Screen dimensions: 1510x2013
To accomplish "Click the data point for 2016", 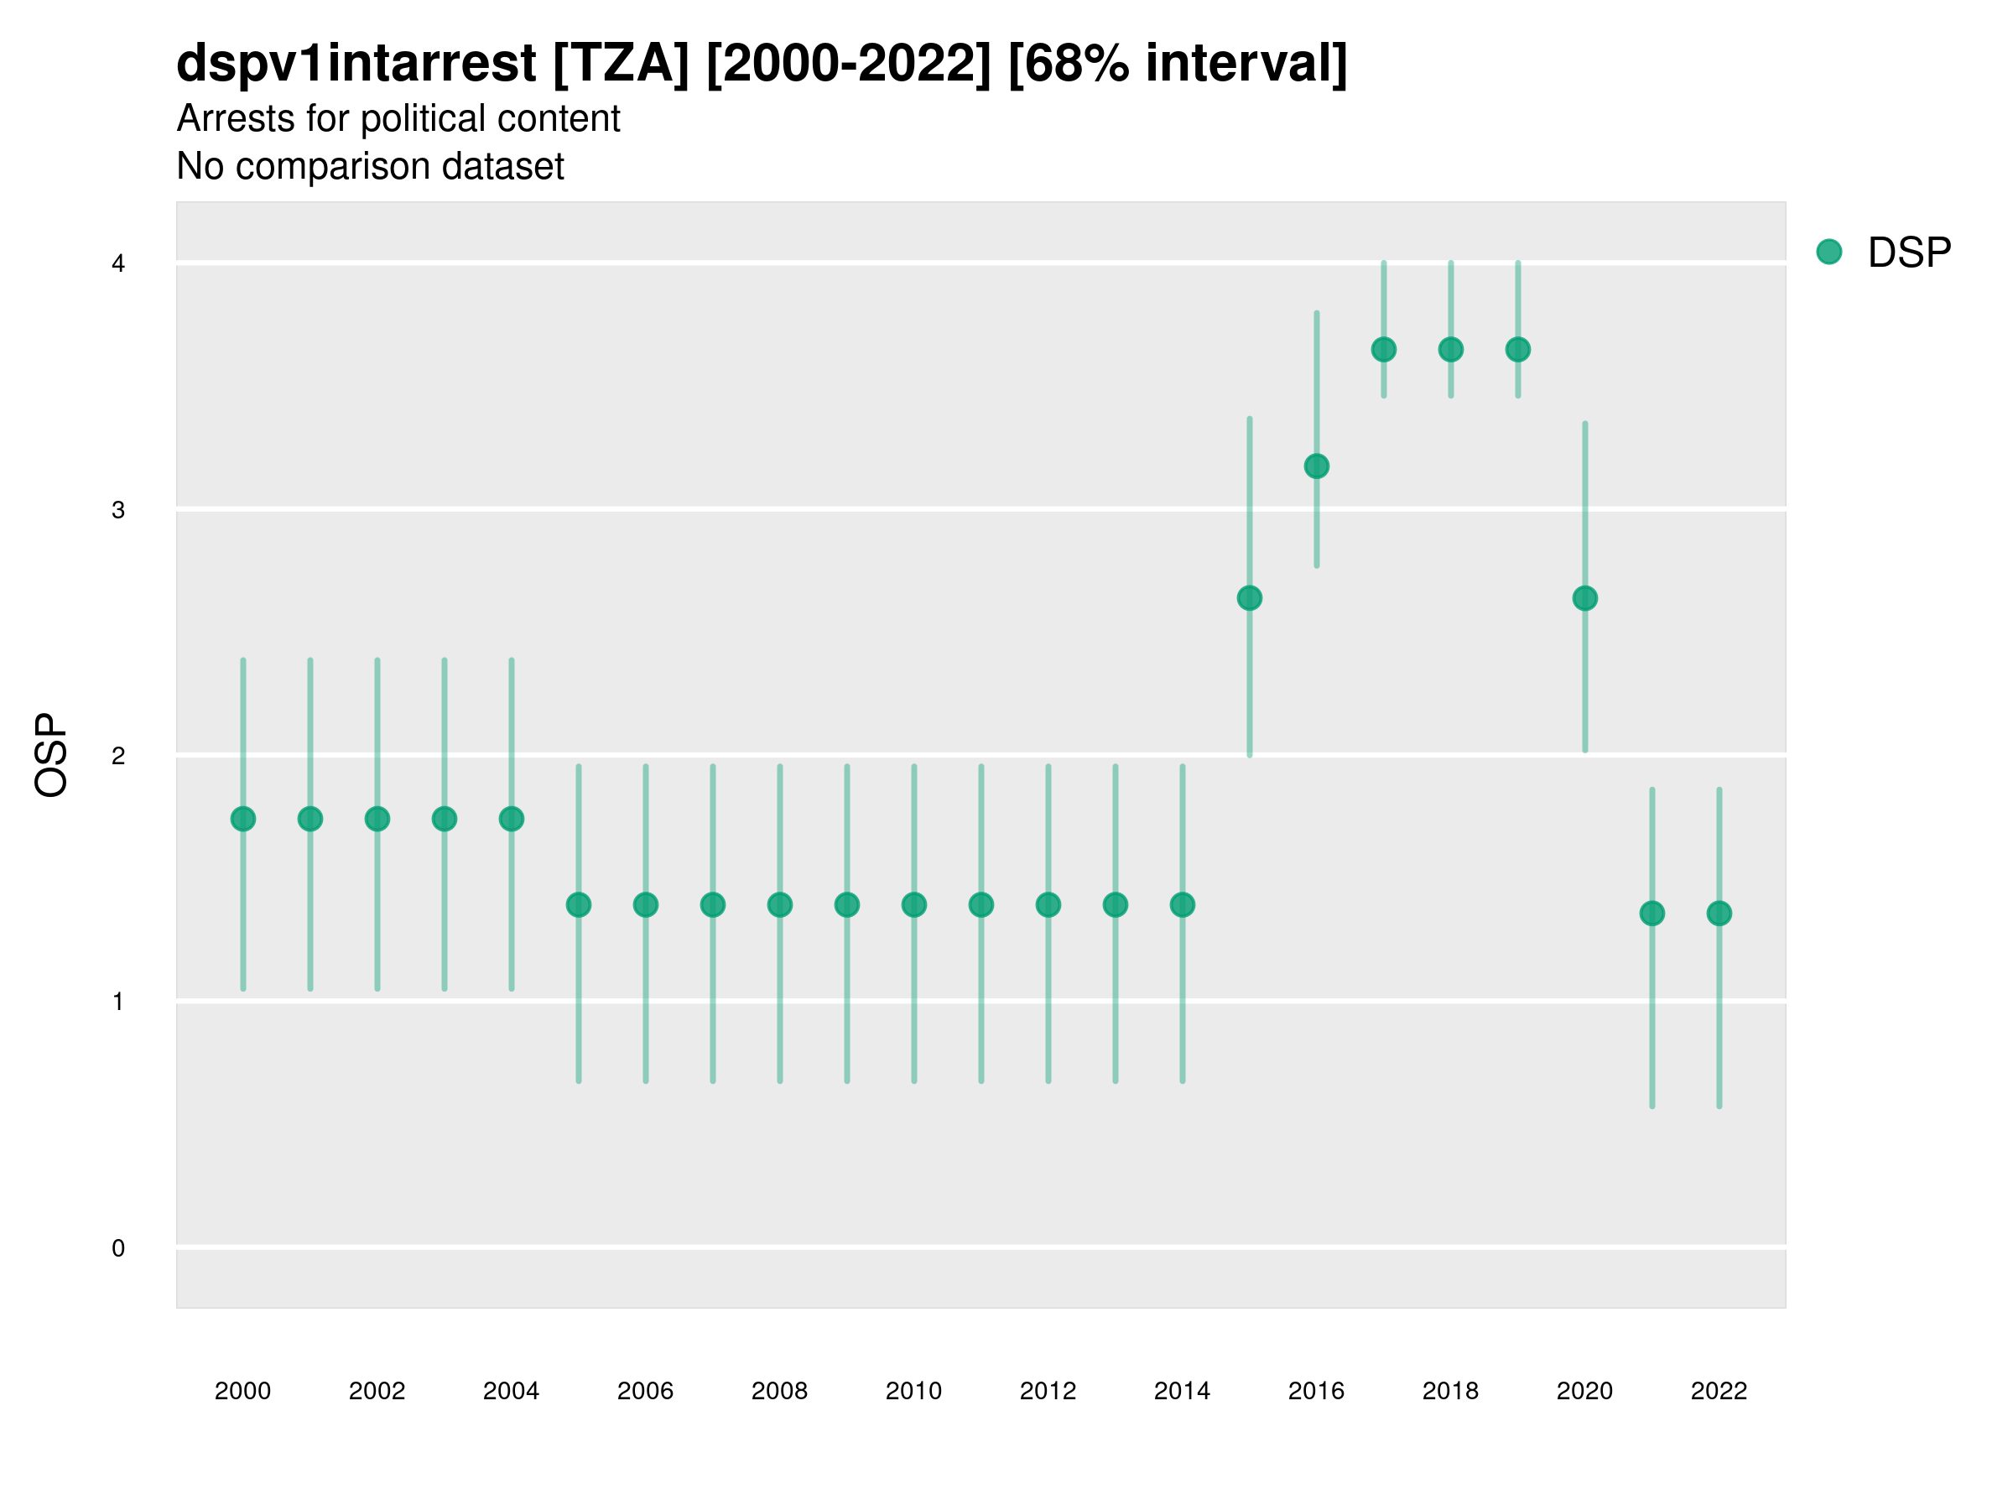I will [x=1316, y=466].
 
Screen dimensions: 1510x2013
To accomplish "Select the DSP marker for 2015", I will [x=1250, y=598].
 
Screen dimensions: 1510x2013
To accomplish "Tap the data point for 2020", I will [x=1584, y=598].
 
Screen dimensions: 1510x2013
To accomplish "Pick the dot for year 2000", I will [x=243, y=819].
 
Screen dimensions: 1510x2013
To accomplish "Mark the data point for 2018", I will [x=1450, y=350].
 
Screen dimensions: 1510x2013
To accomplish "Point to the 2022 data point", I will [x=1719, y=913].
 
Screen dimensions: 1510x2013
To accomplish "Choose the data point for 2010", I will [x=913, y=904].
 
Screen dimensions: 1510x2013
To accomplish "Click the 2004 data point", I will [x=512, y=819].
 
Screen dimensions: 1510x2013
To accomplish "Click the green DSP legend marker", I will [x=1829, y=253].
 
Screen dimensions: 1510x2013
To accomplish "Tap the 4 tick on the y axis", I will [x=118, y=264].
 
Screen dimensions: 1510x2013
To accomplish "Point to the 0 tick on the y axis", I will [x=118, y=1248].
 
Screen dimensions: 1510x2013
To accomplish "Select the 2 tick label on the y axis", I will [x=118, y=756].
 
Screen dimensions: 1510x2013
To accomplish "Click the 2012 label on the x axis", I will [x=1048, y=1391].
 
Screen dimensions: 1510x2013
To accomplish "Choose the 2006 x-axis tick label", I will [x=645, y=1391].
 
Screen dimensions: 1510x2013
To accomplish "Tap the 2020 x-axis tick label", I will [x=1584, y=1391].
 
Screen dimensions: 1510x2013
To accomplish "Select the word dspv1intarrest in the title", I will [x=356, y=63].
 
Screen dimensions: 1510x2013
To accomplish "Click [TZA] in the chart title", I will [x=621, y=63].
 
